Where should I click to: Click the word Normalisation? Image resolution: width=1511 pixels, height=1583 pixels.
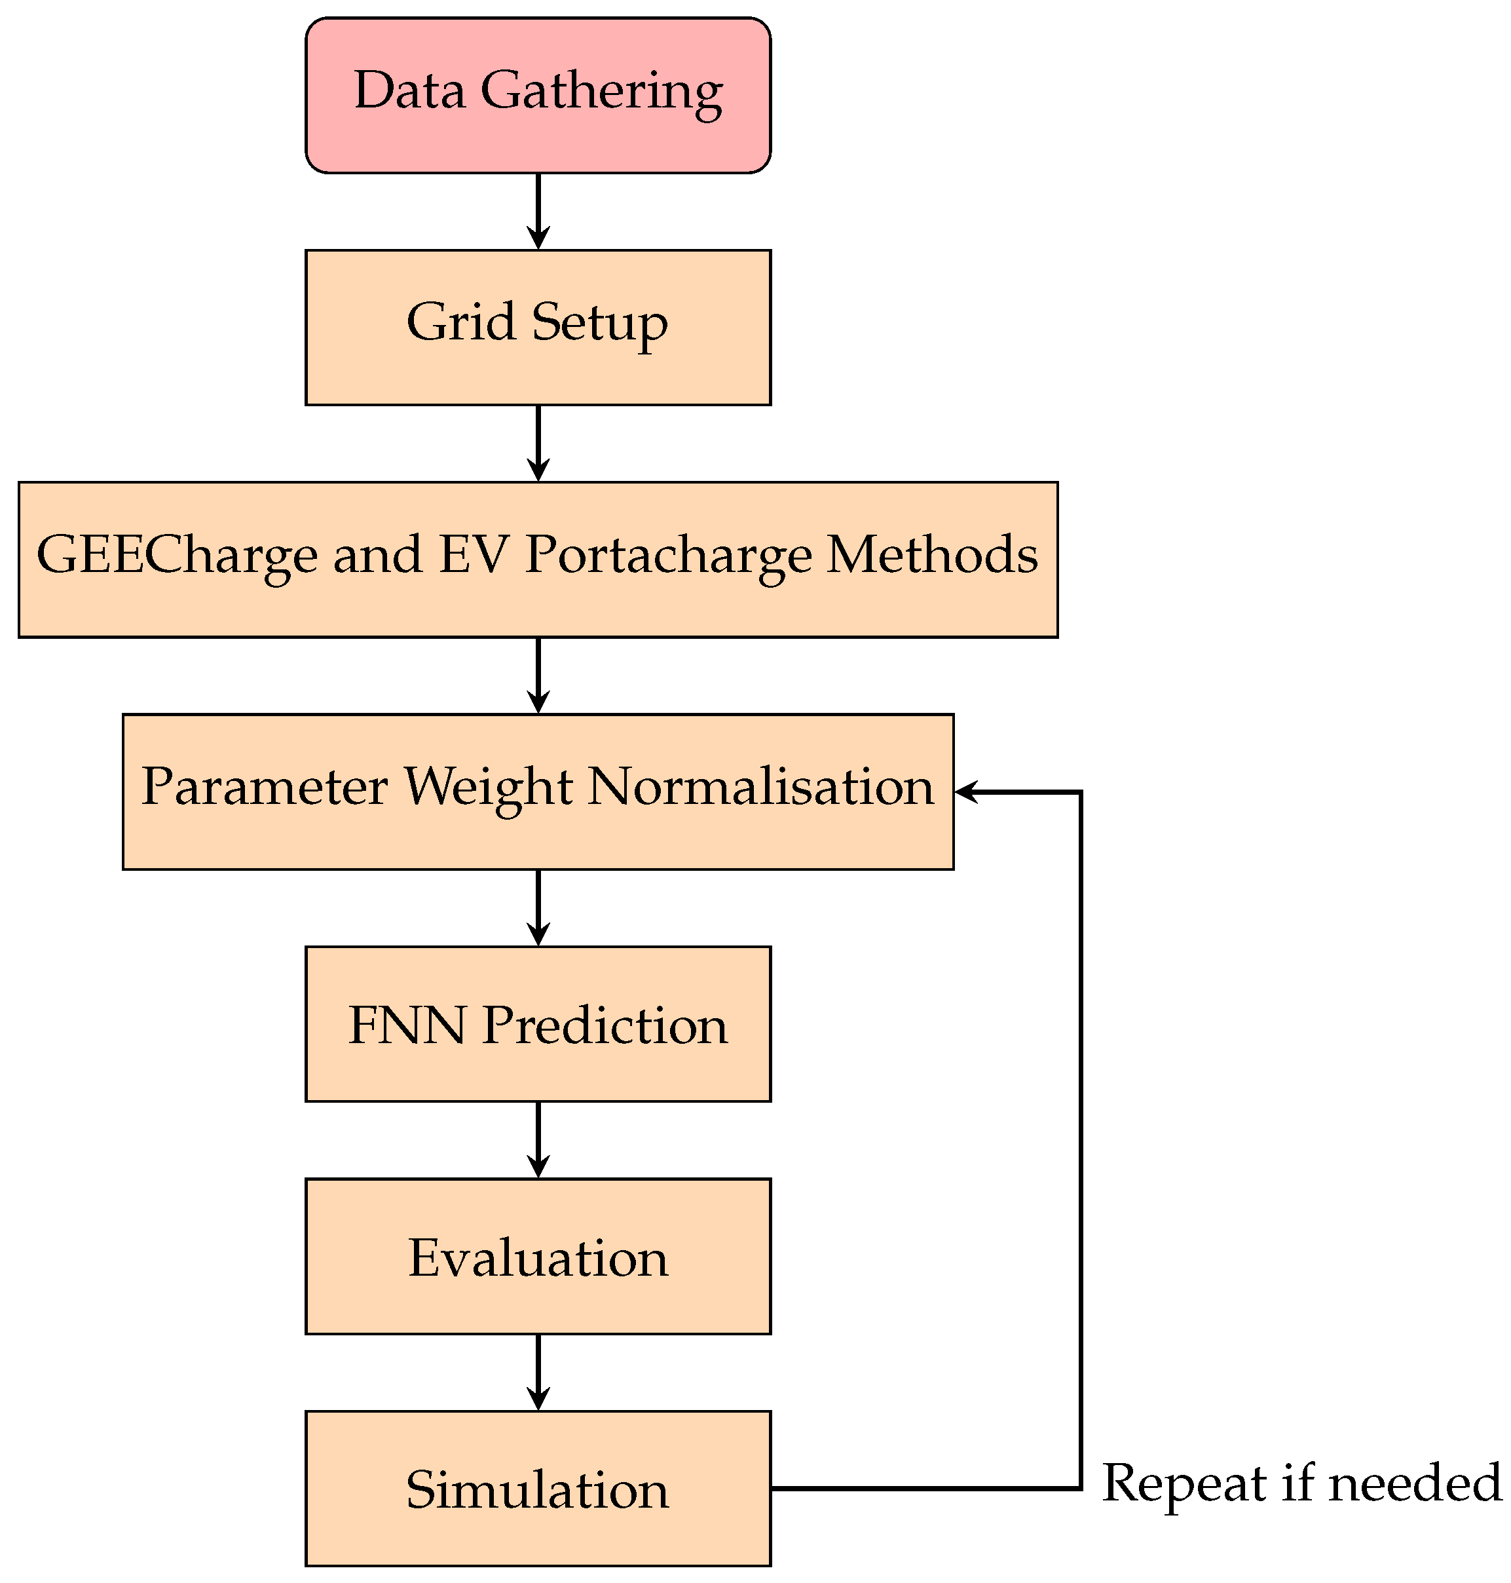pyautogui.click(x=760, y=786)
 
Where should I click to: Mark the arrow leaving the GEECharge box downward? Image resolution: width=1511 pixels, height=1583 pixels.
pyautogui.click(x=538, y=674)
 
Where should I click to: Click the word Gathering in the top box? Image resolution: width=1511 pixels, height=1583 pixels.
pyautogui.click(x=602, y=90)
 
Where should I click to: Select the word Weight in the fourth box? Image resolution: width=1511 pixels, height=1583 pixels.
pyautogui.click(x=487, y=786)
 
